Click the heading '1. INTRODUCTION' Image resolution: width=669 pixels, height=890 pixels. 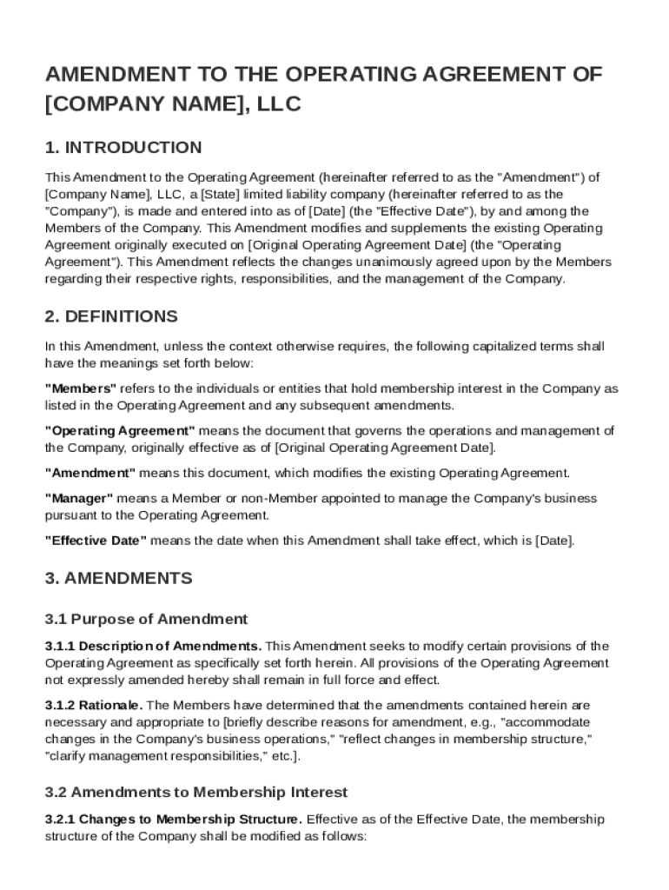pos(123,147)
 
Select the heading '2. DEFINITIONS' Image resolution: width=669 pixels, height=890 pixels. pos(111,316)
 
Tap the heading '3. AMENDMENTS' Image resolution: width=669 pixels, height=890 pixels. pos(118,578)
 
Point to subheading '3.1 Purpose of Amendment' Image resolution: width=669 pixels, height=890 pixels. pos(146,619)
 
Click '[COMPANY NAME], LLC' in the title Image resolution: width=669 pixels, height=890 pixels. pos(173,104)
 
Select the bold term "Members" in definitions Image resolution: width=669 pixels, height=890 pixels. pos(81,389)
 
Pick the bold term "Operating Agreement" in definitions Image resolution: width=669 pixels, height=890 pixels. pos(120,431)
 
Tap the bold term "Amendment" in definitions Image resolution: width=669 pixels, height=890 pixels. pos(90,473)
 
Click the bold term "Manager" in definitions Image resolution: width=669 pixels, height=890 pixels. pos(79,498)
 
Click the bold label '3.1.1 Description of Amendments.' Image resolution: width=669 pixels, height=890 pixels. pos(153,646)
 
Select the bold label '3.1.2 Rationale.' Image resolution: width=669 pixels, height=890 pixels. pos(95,705)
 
